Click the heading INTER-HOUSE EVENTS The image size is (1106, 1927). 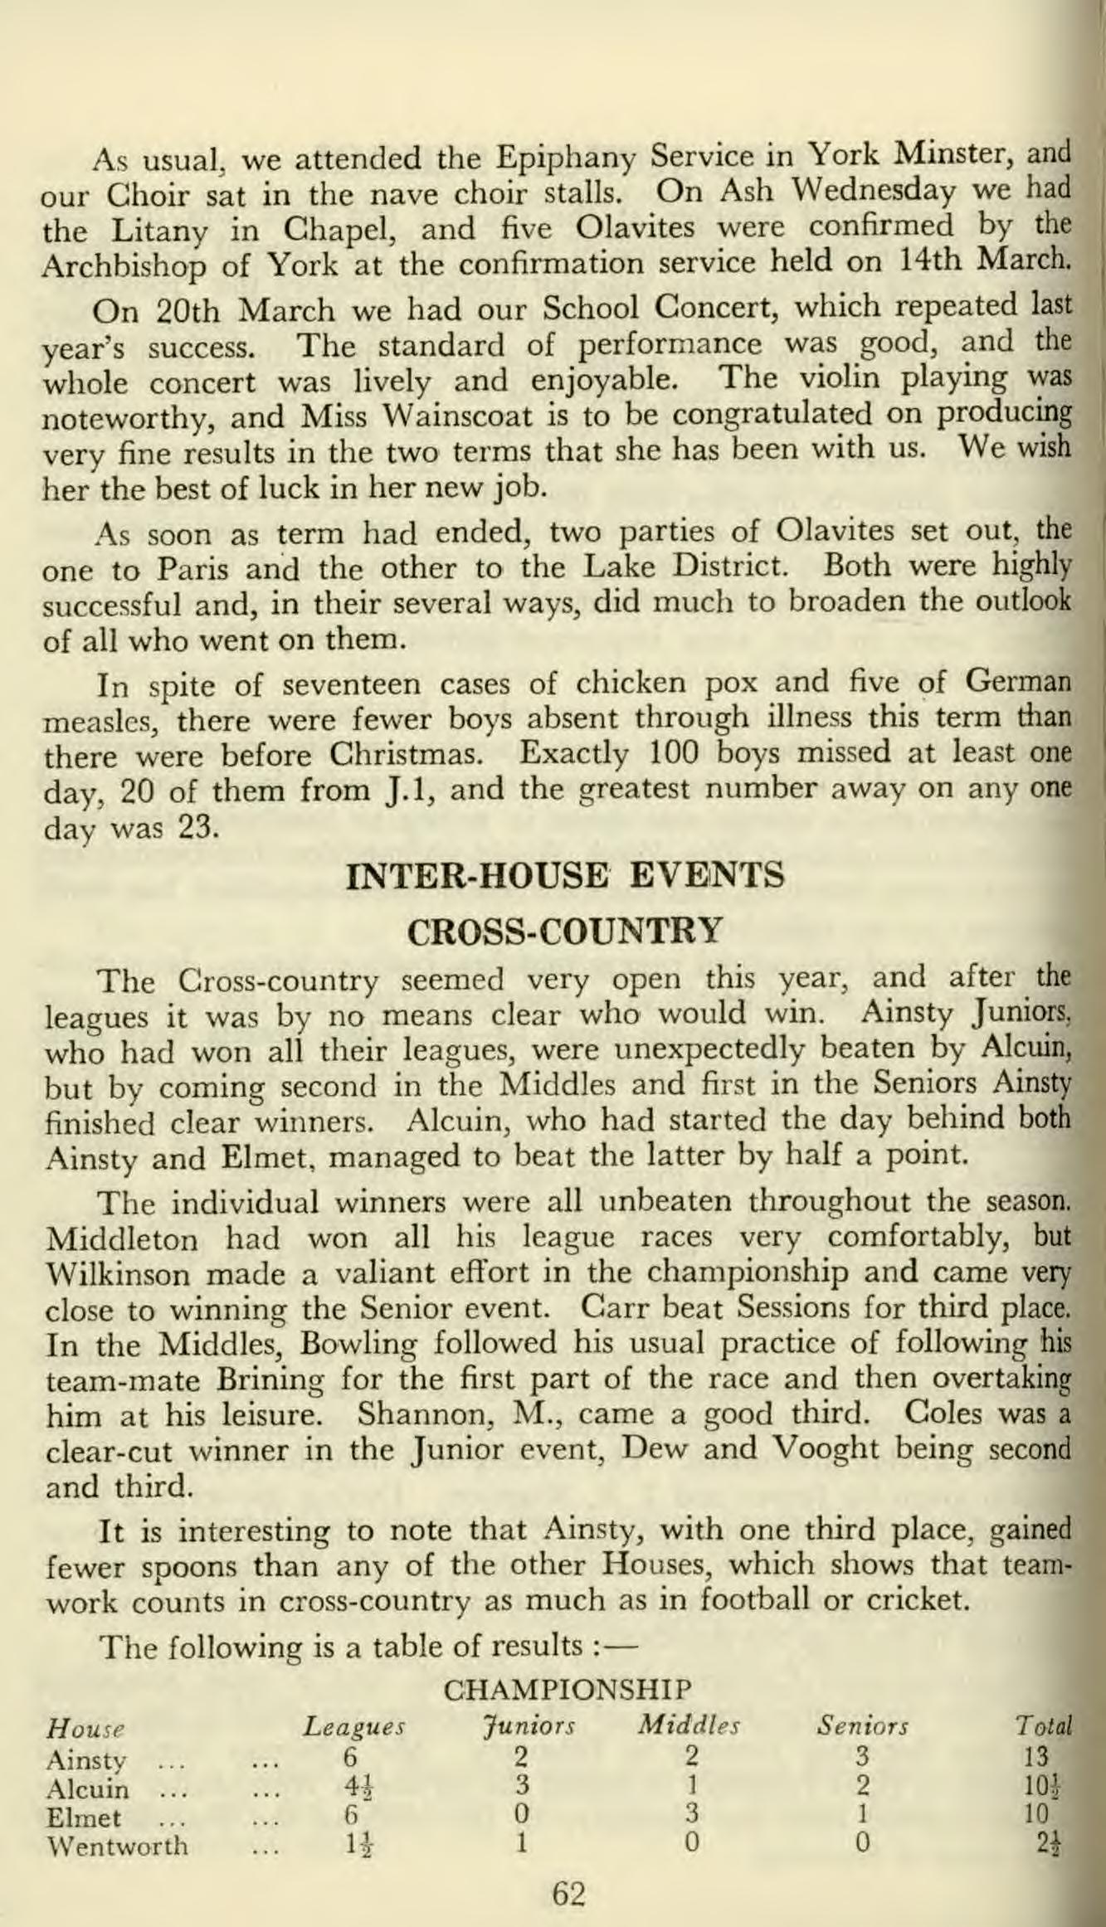click(x=568, y=876)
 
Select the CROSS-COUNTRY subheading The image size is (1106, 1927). click(x=568, y=931)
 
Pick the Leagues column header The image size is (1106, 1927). click(x=353, y=1729)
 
